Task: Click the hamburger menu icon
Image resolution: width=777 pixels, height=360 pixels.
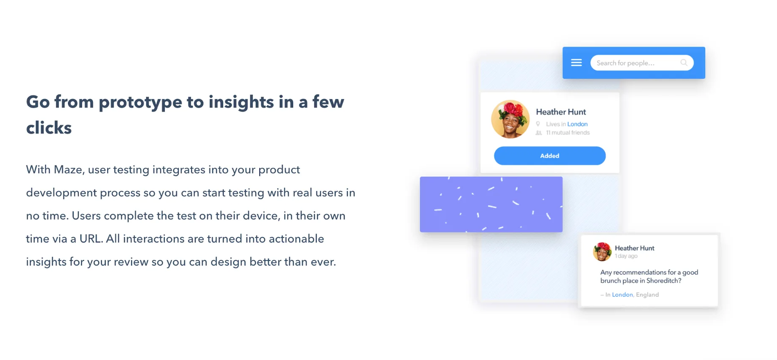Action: tap(576, 63)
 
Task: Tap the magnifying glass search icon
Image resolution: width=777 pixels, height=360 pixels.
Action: tap(684, 63)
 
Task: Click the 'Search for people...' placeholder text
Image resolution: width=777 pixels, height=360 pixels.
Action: tap(625, 63)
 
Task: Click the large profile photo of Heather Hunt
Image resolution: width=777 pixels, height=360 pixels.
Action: tap(510, 119)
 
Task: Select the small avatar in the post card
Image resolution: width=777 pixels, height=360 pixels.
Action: tap(602, 252)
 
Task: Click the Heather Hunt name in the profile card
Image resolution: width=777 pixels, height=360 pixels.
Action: tap(561, 112)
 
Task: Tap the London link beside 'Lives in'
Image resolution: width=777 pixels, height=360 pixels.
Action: tap(577, 124)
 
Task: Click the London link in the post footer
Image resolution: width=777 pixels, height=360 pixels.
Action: tap(622, 295)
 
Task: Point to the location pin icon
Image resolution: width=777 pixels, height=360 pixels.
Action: tap(538, 124)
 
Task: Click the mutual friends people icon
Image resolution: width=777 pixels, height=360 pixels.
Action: tap(539, 133)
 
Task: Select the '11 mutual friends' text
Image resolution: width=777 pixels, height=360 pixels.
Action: tap(568, 133)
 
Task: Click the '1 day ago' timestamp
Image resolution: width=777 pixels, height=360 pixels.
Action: tap(626, 256)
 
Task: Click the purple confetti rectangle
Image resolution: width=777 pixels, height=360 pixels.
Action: tap(491, 205)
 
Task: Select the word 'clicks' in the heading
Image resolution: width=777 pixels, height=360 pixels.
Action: tap(49, 128)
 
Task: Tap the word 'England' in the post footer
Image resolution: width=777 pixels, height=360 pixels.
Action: tap(647, 295)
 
